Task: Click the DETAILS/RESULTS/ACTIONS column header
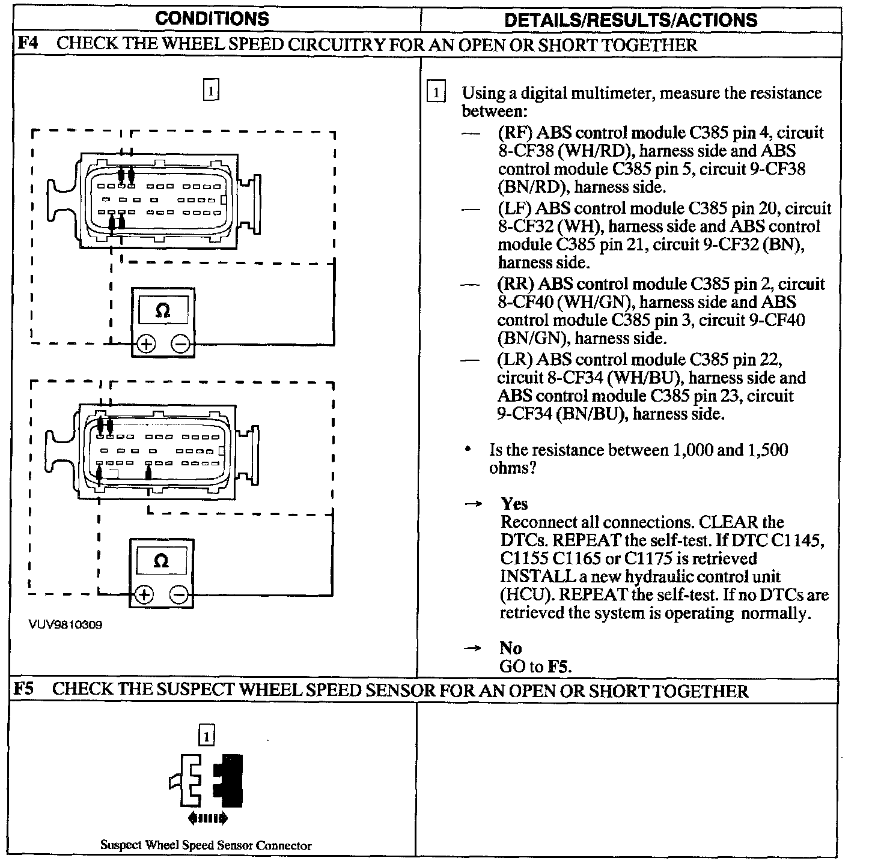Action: click(631, 20)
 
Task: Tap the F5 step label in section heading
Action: click(25, 689)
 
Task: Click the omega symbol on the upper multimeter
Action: click(162, 310)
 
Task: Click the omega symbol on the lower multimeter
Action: click(161, 561)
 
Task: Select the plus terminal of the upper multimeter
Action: click(146, 344)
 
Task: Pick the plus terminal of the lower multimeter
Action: click(144, 595)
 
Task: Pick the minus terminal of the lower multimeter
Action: click(180, 595)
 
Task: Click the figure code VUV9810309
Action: click(65, 624)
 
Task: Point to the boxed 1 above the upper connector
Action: click(211, 91)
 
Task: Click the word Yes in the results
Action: click(514, 504)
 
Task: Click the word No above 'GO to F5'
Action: click(511, 648)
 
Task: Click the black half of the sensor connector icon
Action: click(231, 781)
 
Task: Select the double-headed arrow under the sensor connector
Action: click(207, 817)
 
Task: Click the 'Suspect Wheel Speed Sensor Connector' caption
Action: click(206, 845)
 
